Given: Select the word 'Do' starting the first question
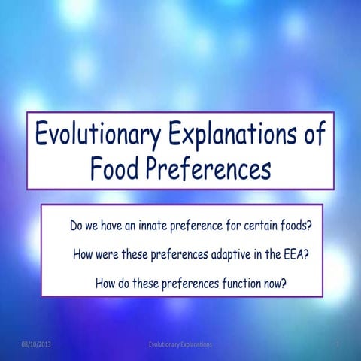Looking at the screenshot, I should (77, 225).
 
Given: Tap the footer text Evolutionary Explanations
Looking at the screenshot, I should (180, 344).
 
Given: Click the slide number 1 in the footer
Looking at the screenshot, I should (339, 344).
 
